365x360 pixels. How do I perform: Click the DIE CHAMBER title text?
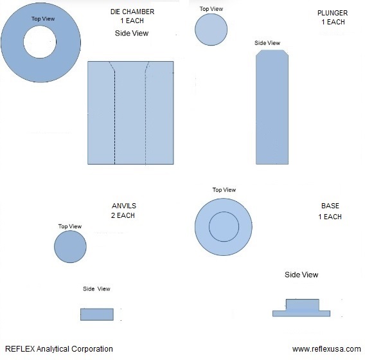(132, 12)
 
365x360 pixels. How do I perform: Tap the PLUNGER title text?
(332, 13)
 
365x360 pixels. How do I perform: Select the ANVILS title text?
(124, 206)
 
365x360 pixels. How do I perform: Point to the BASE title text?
(330, 206)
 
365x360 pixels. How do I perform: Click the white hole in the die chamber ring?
(40, 42)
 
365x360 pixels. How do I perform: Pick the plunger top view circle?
(211, 30)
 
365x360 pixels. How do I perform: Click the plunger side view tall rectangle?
(272, 107)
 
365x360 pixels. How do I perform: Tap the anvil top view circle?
(70, 247)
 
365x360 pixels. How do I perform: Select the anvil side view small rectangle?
(97, 314)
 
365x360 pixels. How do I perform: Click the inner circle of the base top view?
(224, 226)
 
